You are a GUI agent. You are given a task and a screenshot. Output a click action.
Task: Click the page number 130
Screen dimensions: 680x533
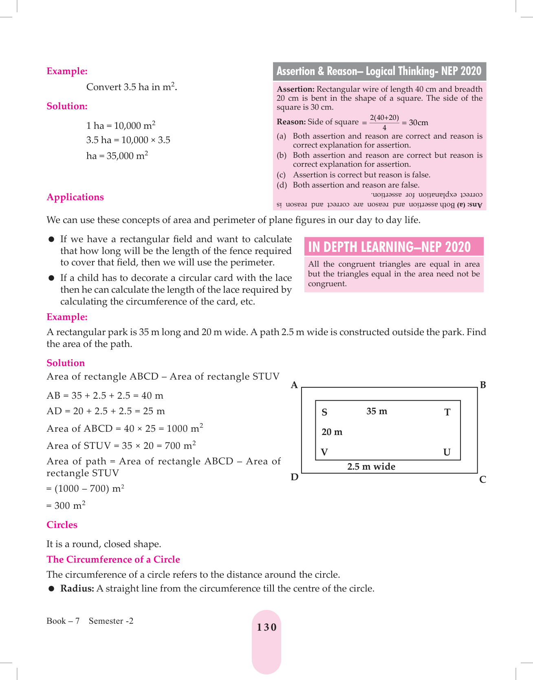point(266,627)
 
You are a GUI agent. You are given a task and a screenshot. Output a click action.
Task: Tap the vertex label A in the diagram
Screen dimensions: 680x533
point(294,385)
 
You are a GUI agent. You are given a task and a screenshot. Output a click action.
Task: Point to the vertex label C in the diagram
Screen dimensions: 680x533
point(482,480)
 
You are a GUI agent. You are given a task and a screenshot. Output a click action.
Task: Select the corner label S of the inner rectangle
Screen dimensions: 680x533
point(324,412)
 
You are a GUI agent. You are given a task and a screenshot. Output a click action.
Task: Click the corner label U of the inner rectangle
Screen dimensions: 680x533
point(447,453)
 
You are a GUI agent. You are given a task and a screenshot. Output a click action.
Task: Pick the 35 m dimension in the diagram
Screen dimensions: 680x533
point(377,411)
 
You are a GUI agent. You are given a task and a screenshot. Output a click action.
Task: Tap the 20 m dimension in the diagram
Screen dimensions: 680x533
point(332,432)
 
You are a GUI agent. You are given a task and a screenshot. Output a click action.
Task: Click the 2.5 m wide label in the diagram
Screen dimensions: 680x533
point(371,467)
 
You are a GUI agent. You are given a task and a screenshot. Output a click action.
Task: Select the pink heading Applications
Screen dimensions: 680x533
point(75,197)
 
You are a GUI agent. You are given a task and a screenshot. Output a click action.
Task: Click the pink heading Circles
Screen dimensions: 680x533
point(62,525)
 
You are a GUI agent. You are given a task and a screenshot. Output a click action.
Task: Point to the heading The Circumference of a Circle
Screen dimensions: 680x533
point(113,560)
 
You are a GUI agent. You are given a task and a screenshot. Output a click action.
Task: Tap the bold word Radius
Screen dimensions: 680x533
point(77,589)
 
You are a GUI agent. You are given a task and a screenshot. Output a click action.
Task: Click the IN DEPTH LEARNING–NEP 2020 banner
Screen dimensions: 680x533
point(389,247)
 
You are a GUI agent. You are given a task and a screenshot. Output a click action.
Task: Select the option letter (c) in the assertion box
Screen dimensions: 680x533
point(281,175)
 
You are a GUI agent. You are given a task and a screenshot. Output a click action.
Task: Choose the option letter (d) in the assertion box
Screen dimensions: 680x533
point(282,185)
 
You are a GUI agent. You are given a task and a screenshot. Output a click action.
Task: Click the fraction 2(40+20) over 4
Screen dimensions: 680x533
point(384,122)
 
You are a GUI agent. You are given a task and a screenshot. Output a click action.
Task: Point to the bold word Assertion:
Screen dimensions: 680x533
point(295,89)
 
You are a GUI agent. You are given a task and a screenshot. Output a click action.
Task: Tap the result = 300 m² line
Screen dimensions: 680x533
point(66,506)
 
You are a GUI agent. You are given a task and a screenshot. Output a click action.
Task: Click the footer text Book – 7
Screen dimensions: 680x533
point(63,621)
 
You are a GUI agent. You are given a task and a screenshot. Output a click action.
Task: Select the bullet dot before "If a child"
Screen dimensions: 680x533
point(52,278)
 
